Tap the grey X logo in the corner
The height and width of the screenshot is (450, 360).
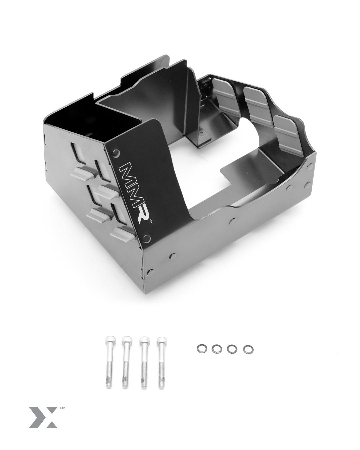pos(43,417)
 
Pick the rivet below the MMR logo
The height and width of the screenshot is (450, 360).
pos(145,238)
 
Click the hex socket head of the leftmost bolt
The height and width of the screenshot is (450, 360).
pos(109,343)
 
